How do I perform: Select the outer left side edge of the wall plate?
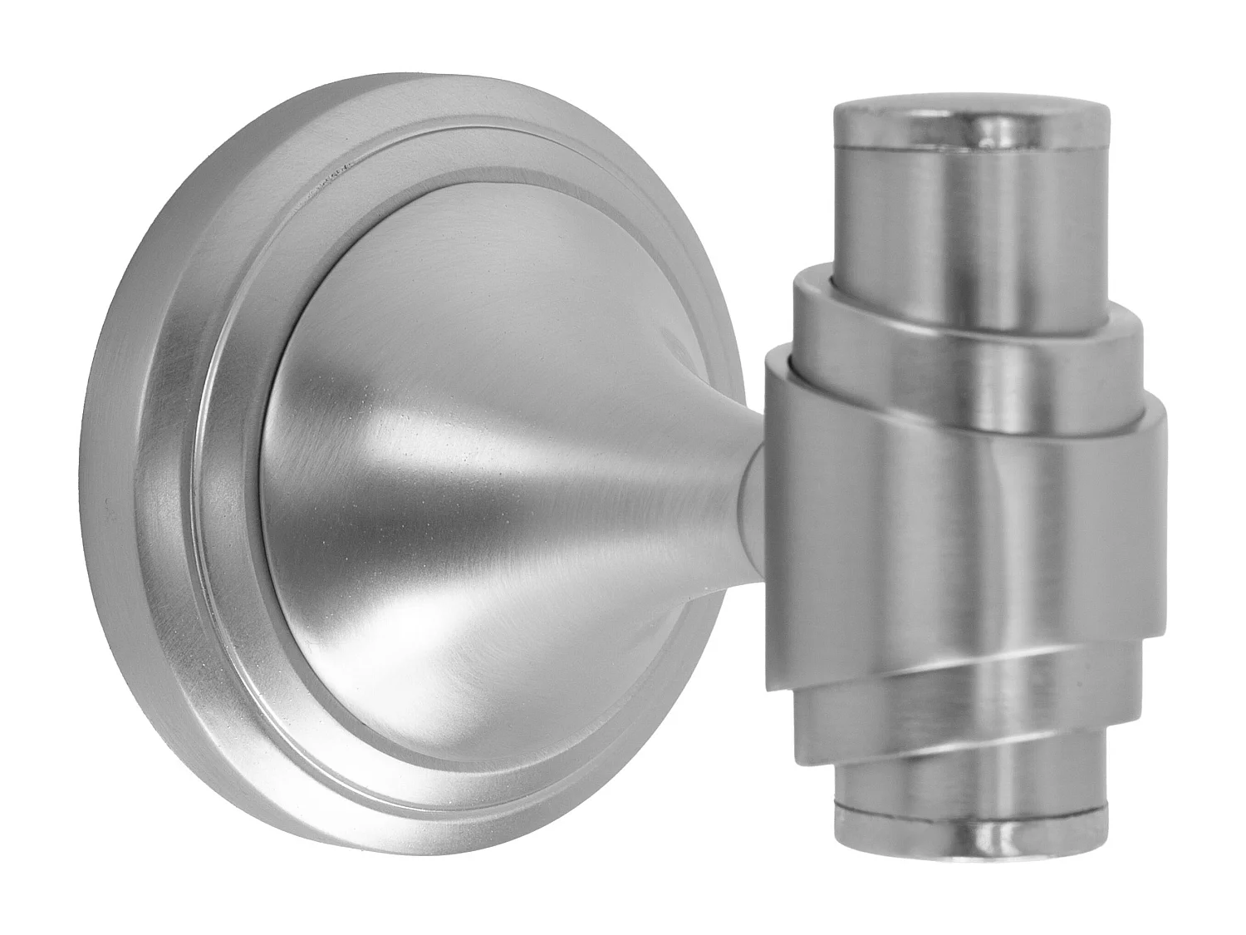point(104,465)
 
